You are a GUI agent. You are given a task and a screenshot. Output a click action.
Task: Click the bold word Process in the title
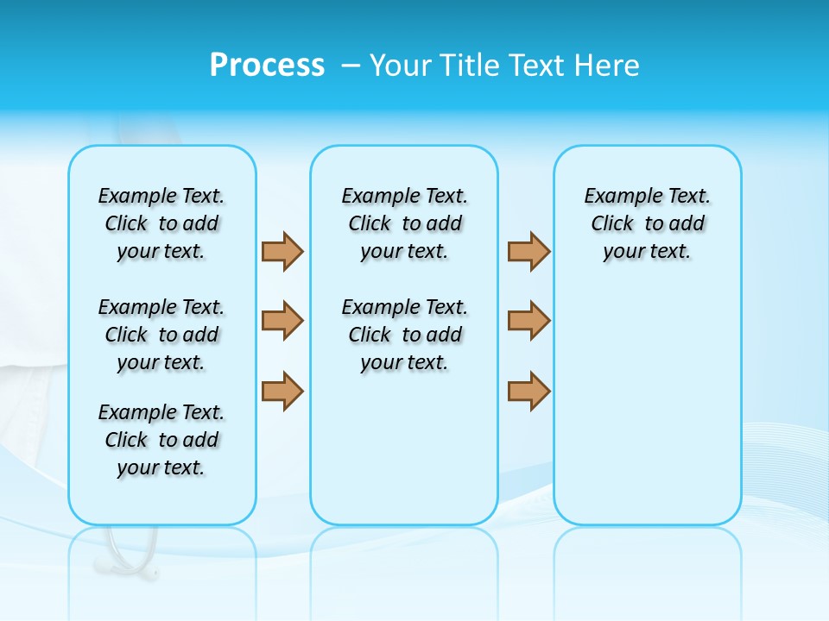(x=267, y=66)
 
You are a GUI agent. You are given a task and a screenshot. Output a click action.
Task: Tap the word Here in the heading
(x=609, y=66)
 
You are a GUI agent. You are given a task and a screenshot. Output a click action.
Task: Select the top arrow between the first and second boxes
(x=282, y=251)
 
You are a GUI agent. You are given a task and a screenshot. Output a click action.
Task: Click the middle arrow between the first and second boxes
(x=282, y=321)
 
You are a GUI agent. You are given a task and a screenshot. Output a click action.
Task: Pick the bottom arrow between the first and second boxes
(x=282, y=391)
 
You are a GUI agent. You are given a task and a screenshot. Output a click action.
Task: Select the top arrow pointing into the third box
(x=528, y=251)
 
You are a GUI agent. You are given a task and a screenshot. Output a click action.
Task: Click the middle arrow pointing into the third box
(x=528, y=321)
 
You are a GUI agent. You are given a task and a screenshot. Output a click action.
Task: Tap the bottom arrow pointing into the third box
(x=528, y=391)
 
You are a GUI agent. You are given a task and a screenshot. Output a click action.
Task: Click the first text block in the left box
(x=161, y=223)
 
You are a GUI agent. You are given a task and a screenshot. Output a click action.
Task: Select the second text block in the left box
(x=161, y=335)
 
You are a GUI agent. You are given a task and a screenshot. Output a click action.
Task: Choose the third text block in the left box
(x=161, y=440)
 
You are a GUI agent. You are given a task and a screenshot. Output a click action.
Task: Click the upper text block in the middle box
(x=404, y=223)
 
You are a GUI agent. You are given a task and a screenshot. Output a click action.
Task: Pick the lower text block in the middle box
(x=404, y=335)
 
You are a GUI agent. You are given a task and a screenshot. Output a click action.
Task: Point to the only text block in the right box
(x=647, y=223)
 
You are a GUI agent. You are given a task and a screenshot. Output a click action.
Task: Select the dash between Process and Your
(x=350, y=66)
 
